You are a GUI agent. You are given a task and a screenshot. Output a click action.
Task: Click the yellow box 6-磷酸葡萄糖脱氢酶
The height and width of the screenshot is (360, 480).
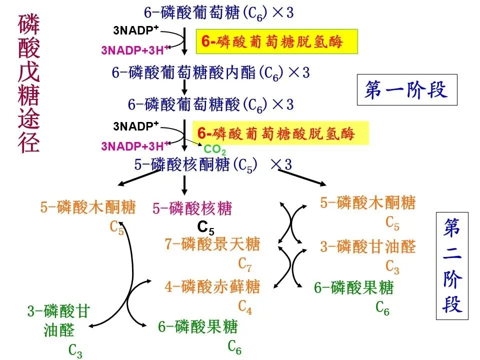point(276,41)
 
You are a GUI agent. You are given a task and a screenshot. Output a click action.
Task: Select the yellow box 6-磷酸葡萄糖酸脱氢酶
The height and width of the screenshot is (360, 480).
point(280,133)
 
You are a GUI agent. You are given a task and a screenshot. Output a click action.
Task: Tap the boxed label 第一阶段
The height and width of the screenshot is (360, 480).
point(406,90)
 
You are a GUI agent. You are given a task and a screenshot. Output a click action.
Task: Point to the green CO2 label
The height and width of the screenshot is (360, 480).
point(215,149)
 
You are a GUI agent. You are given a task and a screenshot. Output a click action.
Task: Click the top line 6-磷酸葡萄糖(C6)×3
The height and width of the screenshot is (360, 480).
point(218,12)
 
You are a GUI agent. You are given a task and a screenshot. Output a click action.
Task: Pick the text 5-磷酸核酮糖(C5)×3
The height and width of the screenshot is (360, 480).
point(212,164)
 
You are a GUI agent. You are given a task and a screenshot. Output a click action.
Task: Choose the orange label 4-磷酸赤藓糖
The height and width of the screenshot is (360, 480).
point(212,287)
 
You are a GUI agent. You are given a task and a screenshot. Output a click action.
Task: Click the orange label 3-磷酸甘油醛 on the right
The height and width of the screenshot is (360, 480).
point(368,246)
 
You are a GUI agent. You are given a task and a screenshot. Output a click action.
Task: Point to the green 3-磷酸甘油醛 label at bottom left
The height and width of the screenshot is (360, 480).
point(58,320)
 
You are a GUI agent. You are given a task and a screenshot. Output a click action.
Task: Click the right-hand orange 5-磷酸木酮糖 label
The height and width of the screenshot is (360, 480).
point(367,203)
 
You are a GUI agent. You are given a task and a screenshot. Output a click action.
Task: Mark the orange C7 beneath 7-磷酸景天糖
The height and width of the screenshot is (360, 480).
point(245,263)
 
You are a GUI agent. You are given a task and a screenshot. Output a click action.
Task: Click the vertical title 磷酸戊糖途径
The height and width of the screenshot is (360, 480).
point(29,82)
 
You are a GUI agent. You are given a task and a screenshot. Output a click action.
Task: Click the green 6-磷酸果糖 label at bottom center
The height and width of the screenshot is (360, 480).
point(198,327)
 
